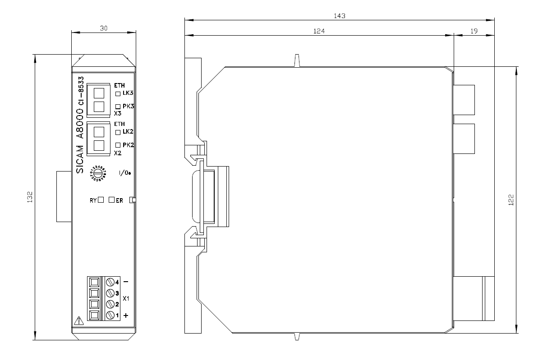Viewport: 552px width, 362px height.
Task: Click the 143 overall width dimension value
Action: (340, 15)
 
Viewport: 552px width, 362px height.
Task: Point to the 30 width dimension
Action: (103, 28)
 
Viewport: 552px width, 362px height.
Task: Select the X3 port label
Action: (118, 114)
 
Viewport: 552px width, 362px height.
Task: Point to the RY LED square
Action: (101, 200)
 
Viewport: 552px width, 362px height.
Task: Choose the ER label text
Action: (120, 200)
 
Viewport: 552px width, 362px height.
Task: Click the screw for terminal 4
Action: (110, 283)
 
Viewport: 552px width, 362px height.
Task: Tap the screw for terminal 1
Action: (110, 315)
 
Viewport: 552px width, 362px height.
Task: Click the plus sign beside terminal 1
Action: (125, 315)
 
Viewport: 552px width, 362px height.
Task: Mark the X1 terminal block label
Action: (126, 299)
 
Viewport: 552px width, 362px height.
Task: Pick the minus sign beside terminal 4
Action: (125, 282)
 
